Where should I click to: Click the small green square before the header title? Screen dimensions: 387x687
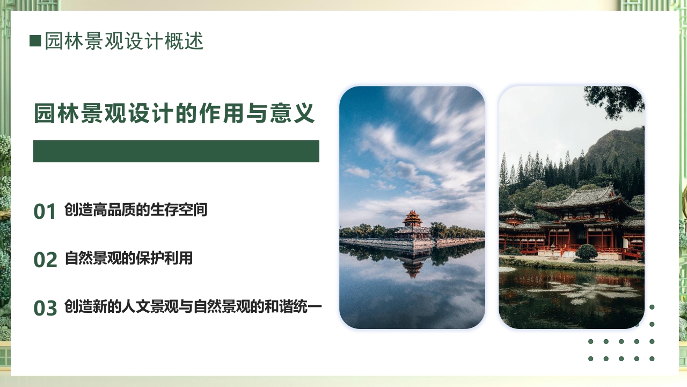tap(35, 41)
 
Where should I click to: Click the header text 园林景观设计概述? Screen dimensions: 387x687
tap(124, 41)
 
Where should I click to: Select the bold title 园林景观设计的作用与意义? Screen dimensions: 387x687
tap(174, 114)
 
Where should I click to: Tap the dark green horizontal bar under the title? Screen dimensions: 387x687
tap(176, 151)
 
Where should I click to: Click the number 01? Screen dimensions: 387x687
tap(45, 212)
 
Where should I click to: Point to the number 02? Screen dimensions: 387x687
tap(45, 260)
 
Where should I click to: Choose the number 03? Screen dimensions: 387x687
tap(45, 309)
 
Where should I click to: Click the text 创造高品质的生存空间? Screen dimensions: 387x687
tap(135, 210)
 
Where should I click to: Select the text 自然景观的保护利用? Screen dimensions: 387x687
tap(128, 259)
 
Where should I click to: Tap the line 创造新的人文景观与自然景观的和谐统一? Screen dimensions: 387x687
tap(193, 307)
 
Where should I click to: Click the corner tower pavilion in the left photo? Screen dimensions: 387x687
tap(412, 225)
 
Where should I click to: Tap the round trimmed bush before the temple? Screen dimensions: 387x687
tap(586, 252)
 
